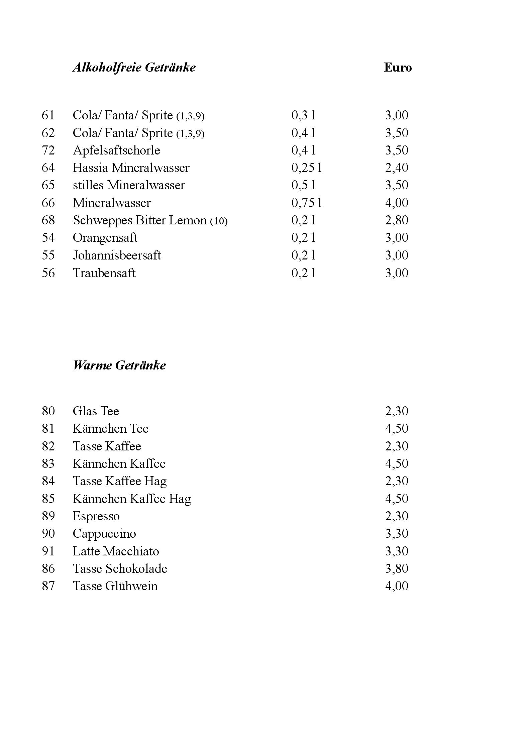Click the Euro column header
(398, 68)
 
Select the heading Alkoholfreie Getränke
(134, 68)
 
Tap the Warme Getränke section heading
(119, 365)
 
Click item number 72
(48, 150)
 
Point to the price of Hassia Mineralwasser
(397, 168)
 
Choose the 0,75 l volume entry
(306, 203)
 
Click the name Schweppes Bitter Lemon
(140, 220)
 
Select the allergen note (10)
(219, 221)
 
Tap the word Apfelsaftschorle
(116, 150)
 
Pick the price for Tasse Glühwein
(397, 586)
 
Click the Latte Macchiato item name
(116, 551)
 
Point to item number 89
(48, 516)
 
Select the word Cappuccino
(104, 534)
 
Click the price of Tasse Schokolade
(397, 568)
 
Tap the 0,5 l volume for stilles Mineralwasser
(303, 185)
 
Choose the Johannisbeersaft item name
(117, 255)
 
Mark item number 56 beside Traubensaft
(48, 273)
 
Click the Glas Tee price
(397, 411)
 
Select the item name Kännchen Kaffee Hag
(132, 499)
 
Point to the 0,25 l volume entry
(306, 168)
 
